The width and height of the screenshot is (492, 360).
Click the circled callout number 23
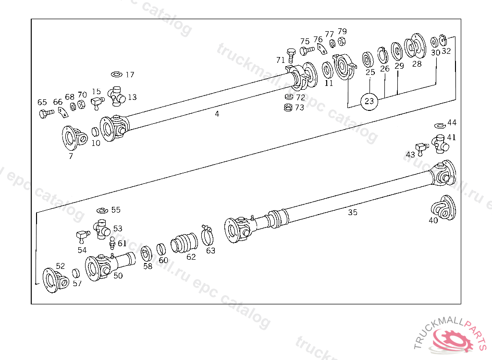(369, 101)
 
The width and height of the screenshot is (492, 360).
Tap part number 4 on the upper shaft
(217, 114)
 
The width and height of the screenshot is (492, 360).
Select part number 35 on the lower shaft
(353, 212)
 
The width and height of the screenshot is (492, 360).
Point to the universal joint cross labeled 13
(118, 95)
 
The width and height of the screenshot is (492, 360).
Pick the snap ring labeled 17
(117, 74)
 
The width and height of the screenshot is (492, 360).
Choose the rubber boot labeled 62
(184, 242)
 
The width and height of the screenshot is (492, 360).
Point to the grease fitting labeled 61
(112, 243)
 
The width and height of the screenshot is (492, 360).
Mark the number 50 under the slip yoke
(118, 276)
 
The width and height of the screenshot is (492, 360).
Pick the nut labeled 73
(288, 107)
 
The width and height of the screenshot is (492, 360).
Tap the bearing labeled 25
(369, 60)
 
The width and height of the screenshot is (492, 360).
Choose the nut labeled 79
(342, 42)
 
